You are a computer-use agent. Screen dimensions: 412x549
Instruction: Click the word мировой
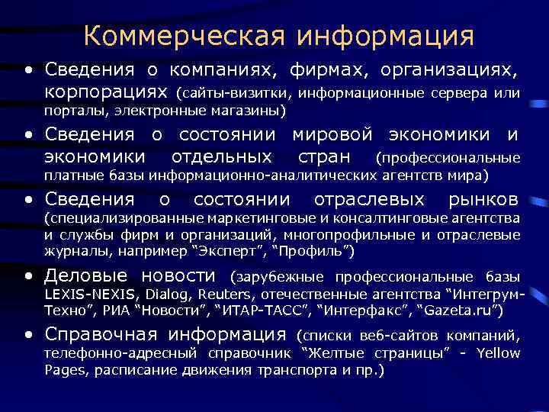[332, 135]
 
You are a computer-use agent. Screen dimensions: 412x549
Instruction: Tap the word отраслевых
[369, 200]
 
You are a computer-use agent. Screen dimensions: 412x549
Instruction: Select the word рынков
[482, 200]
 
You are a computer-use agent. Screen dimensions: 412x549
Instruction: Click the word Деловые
[87, 275]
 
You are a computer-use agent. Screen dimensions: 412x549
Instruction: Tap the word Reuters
[223, 293]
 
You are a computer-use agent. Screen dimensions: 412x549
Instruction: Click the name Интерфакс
[355, 311]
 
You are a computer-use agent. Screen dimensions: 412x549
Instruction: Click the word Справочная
[101, 334]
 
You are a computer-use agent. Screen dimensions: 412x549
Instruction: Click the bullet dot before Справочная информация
[28, 335]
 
